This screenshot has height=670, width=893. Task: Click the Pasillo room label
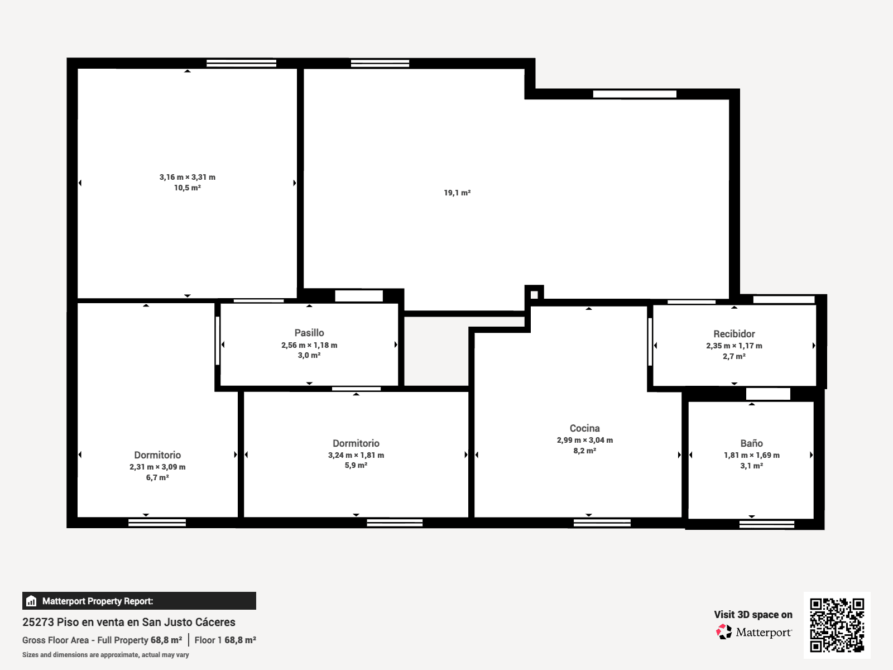pyautogui.click(x=309, y=333)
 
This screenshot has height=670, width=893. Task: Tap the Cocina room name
pyautogui.click(x=584, y=428)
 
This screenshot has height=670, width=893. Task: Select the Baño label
pyautogui.click(x=751, y=443)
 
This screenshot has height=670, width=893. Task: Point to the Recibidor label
pyautogui.click(x=734, y=334)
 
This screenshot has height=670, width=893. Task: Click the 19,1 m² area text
pyautogui.click(x=457, y=193)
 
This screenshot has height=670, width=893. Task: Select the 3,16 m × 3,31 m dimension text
pyautogui.click(x=188, y=177)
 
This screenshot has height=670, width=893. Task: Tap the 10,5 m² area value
pyautogui.click(x=188, y=188)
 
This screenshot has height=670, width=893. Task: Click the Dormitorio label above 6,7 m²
pyautogui.click(x=157, y=455)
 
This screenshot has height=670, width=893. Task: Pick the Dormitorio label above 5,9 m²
pyautogui.click(x=356, y=443)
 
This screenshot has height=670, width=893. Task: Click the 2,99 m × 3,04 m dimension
pyautogui.click(x=584, y=440)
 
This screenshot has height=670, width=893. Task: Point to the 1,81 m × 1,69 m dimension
pyautogui.click(x=751, y=455)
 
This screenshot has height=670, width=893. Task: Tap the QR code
pyautogui.click(x=837, y=625)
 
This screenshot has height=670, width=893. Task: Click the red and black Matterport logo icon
pyautogui.click(x=724, y=632)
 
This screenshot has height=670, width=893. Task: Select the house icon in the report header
pyautogui.click(x=31, y=601)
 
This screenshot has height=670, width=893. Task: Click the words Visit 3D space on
pyautogui.click(x=753, y=615)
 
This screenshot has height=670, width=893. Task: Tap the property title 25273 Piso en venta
pyautogui.click(x=128, y=622)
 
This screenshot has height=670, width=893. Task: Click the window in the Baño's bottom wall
pyautogui.click(x=767, y=524)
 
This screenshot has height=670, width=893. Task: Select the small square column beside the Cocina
pyautogui.click(x=534, y=295)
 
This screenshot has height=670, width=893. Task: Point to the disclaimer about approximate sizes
pyautogui.click(x=105, y=655)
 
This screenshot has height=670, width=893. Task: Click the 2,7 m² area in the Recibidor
pyautogui.click(x=734, y=356)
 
